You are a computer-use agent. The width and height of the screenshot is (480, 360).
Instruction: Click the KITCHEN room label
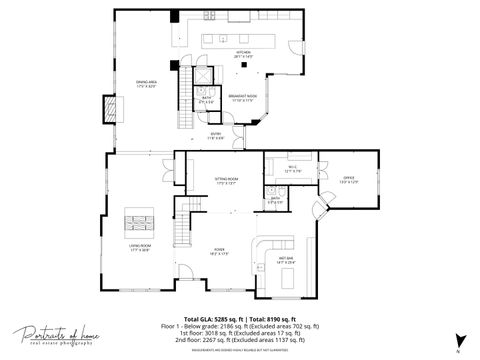coord(243,53)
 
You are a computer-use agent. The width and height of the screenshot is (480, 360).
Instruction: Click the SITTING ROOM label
coord(225,181)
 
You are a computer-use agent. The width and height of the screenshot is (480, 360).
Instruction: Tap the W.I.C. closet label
coord(292,169)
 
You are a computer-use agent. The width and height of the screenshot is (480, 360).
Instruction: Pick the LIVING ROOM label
coord(139,247)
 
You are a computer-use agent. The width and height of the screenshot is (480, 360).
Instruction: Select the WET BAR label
coord(285,260)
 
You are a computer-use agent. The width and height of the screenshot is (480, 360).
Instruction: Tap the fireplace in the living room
coord(139,219)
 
